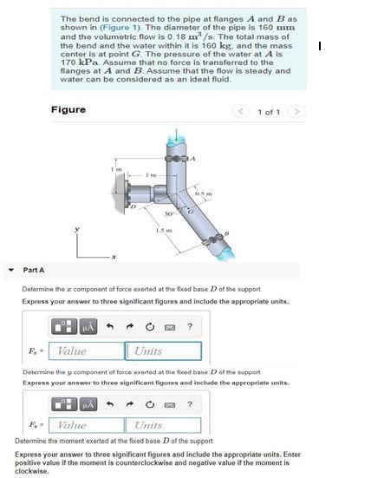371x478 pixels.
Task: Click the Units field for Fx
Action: pyautogui.click(x=164, y=351)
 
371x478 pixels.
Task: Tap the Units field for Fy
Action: pyautogui.click(x=164, y=425)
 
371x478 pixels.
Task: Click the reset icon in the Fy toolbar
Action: pyautogui.click(x=149, y=403)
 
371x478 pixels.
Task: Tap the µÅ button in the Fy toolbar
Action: pyautogui.click(x=87, y=403)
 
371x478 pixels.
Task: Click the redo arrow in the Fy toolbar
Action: pyautogui.click(x=130, y=403)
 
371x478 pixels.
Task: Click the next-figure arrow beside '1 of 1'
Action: pyautogui.click(x=296, y=112)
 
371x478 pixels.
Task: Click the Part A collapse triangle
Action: pyautogui.click(x=10, y=270)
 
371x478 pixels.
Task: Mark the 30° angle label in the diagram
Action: pyautogui.click(x=167, y=213)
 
